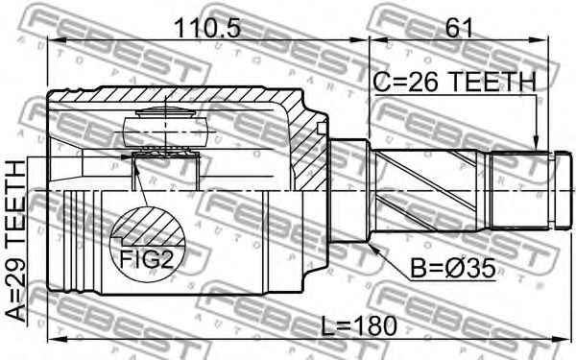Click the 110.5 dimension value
(207, 28)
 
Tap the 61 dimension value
(459, 28)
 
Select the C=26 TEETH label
(455, 82)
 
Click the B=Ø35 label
(452, 269)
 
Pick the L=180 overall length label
(359, 326)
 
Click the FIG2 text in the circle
(146, 259)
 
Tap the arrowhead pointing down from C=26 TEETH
(536, 144)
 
